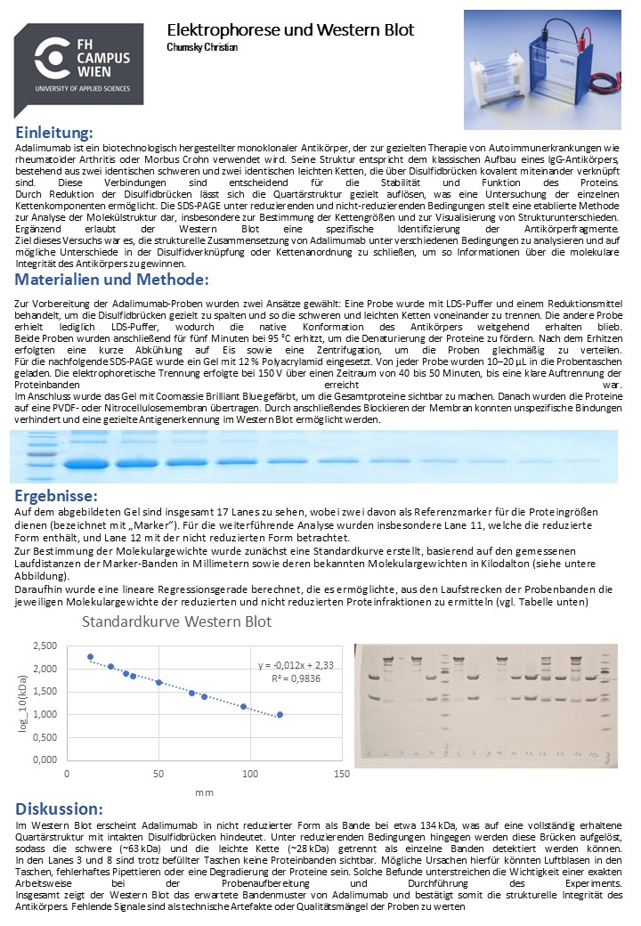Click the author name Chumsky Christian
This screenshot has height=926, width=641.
click(202, 47)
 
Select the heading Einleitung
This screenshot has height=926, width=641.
click(54, 133)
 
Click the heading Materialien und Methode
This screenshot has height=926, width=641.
click(112, 280)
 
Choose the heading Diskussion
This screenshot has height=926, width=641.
click(59, 808)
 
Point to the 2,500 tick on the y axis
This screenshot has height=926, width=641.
click(44, 646)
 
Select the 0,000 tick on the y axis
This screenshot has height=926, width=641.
click(44, 760)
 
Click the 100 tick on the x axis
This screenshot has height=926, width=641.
click(250, 774)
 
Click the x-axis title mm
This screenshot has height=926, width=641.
click(204, 792)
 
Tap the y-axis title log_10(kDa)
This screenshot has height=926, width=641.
click(23, 703)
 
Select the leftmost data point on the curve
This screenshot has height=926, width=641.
click(90, 657)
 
